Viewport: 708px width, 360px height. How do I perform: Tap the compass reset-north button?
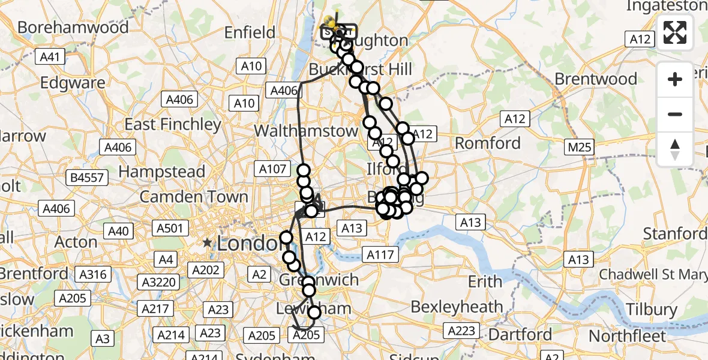click(x=675, y=149)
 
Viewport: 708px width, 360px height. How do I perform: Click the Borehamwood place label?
click(x=73, y=27)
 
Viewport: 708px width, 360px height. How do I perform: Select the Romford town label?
click(x=488, y=143)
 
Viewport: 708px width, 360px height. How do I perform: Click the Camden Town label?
click(x=194, y=197)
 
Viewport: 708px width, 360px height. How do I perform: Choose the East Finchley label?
click(x=173, y=124)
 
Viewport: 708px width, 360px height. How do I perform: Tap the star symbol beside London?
click(x=207, y=243)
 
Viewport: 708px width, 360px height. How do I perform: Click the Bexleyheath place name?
click(x=457, y=307)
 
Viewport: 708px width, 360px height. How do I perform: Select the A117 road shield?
click(x=380, y=255)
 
